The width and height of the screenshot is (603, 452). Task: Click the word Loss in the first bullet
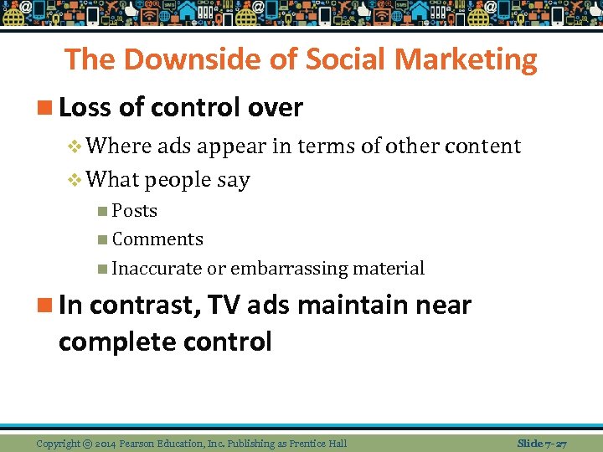[x=85, y=107]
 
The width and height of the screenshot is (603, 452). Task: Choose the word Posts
[x=134, y=211]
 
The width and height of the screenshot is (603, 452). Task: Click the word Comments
[x=157, y=239]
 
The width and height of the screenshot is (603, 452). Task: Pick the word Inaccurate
[x=157, y=269]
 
